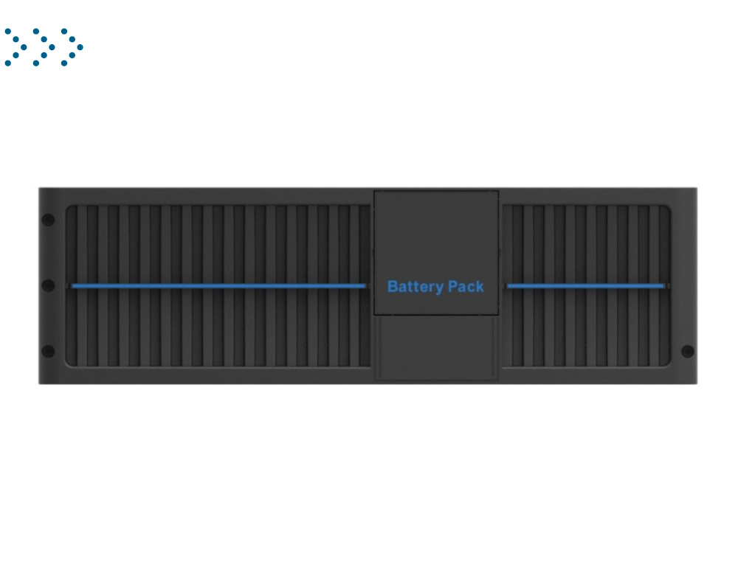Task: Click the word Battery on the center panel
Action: (x=415, y=287)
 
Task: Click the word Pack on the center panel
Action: (x=466, y=286)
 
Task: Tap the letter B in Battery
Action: (x=393, y=286)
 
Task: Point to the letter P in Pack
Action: (x=452, y=286)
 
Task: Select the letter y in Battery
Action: (x=439, y=288)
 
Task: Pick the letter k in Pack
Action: (x=480, y=286)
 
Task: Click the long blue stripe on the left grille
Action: (x=218, y=286)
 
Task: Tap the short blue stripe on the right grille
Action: (x=586, y=286)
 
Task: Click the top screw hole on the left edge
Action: (x=48, y=220)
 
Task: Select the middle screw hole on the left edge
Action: (x=48, y=285)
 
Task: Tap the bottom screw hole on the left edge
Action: (x=48, y=351)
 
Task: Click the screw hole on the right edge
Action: (x=688, y=351)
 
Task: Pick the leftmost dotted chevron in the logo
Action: (x=15, y=47)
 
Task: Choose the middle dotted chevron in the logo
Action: (x=44, y=47)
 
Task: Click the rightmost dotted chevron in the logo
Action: (x=72, y=47)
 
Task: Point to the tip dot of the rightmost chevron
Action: (x=80, y=47)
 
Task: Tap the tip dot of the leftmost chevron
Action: (x=24, y=47)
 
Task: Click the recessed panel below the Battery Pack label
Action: (x=436, y=347)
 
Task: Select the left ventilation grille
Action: (x=218, y=286)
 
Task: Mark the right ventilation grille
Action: (x=586, y=286)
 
